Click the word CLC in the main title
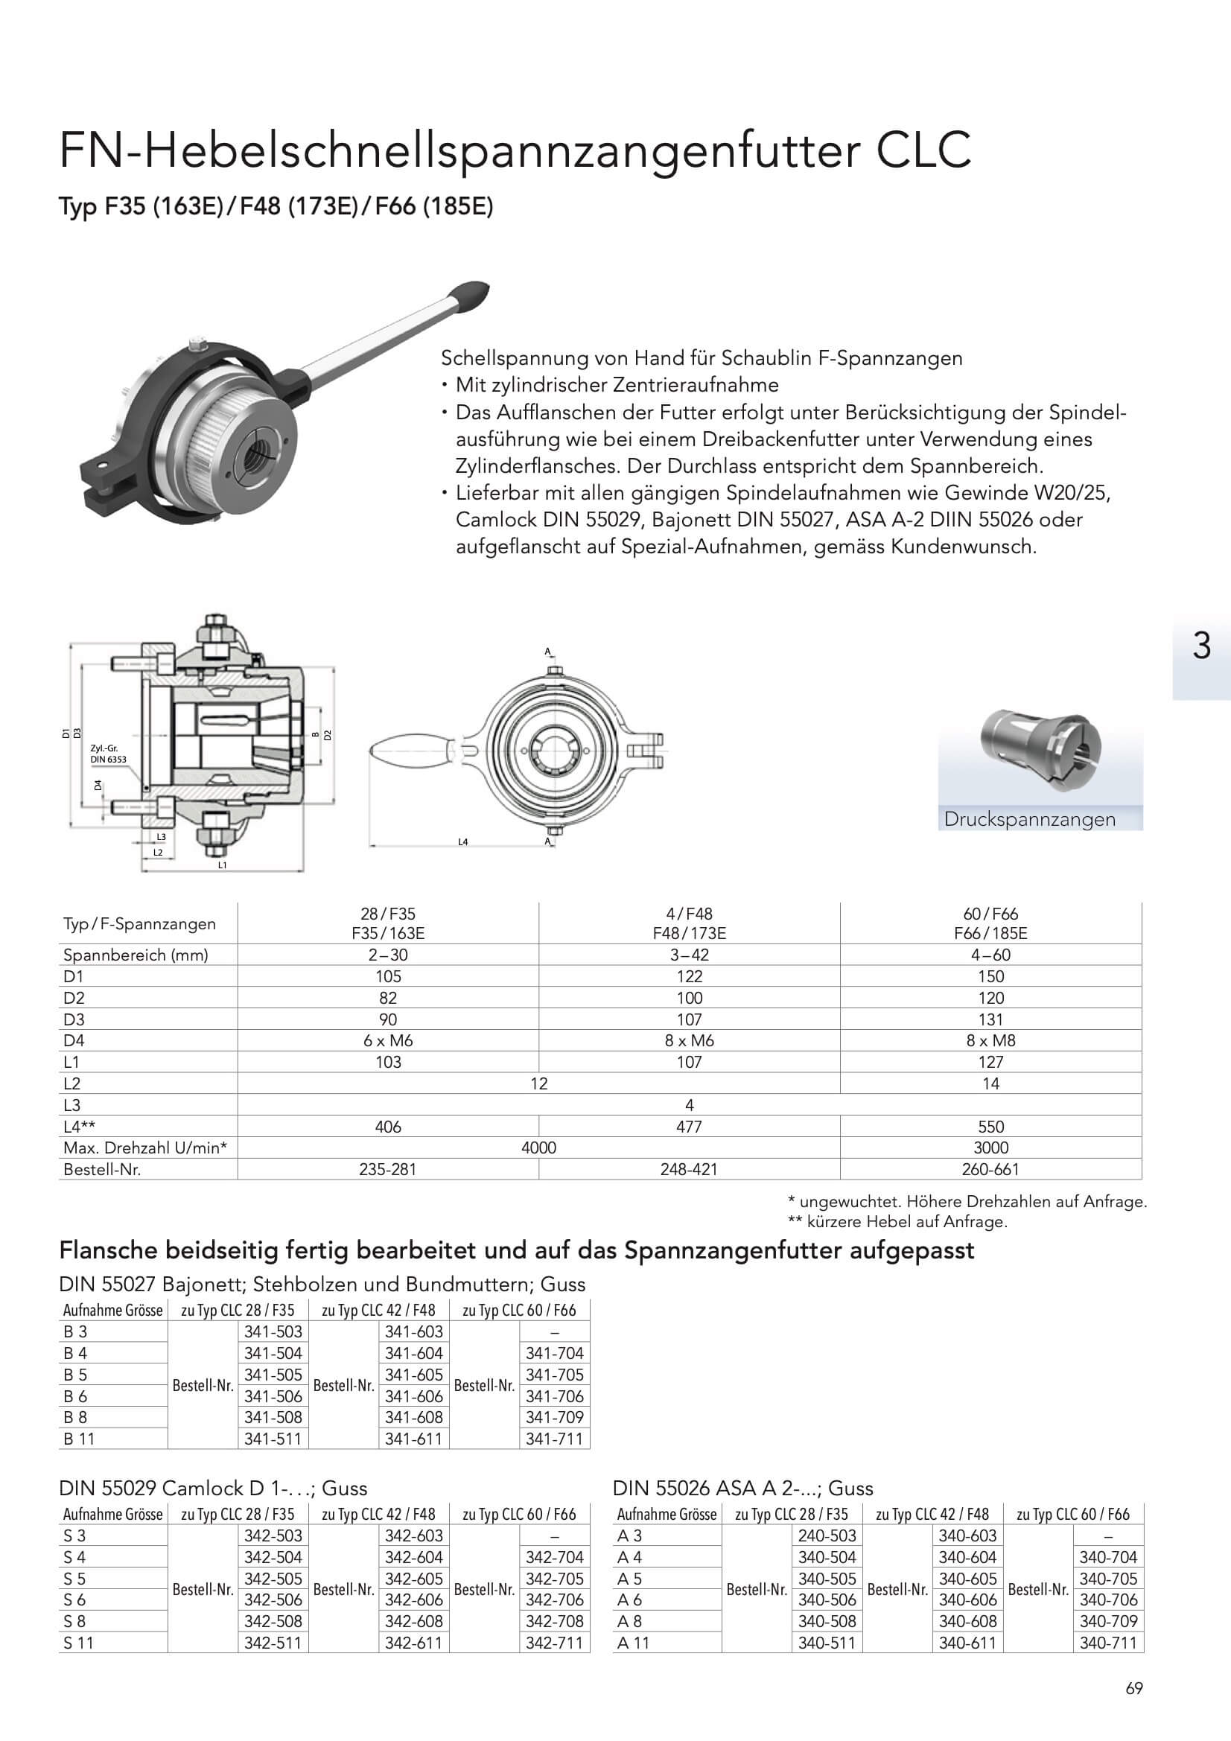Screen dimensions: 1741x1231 924,150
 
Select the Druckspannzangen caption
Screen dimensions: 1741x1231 1029,820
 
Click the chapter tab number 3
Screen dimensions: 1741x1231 1201,646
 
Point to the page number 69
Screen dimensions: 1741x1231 1134,1689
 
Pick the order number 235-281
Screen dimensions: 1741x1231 387,1169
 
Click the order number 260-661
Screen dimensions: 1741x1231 990,1169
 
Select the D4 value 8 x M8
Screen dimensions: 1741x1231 990,1040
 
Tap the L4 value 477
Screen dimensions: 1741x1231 689,1127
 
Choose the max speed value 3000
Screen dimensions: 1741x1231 990,1148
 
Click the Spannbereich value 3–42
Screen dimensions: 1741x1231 689,955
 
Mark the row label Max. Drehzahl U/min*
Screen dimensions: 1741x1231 145,1148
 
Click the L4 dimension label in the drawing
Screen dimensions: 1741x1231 462,841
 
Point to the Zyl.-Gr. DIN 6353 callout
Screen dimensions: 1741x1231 108,754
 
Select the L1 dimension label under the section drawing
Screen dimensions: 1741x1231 222,865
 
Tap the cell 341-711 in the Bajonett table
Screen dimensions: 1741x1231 555,1439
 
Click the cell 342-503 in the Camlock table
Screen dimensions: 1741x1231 273,1535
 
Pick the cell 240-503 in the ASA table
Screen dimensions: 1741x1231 827,1535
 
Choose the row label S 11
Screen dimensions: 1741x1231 79,1643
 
